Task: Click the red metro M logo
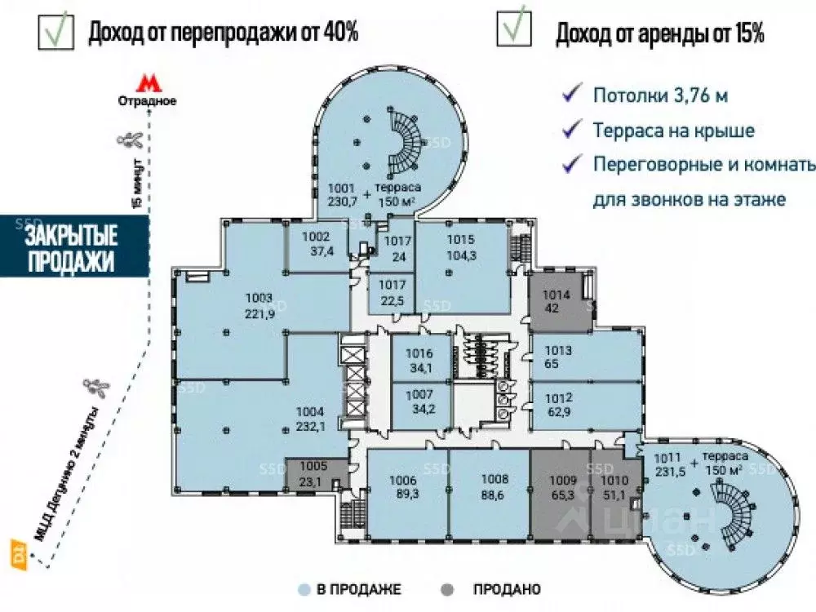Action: pos(146,83)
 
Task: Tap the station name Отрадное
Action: pos(147,102)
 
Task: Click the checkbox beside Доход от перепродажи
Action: pos(54,29)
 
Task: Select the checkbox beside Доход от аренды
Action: pos(513,29)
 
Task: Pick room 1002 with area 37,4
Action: pos(315,243)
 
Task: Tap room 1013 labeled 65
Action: pos(583,357)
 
